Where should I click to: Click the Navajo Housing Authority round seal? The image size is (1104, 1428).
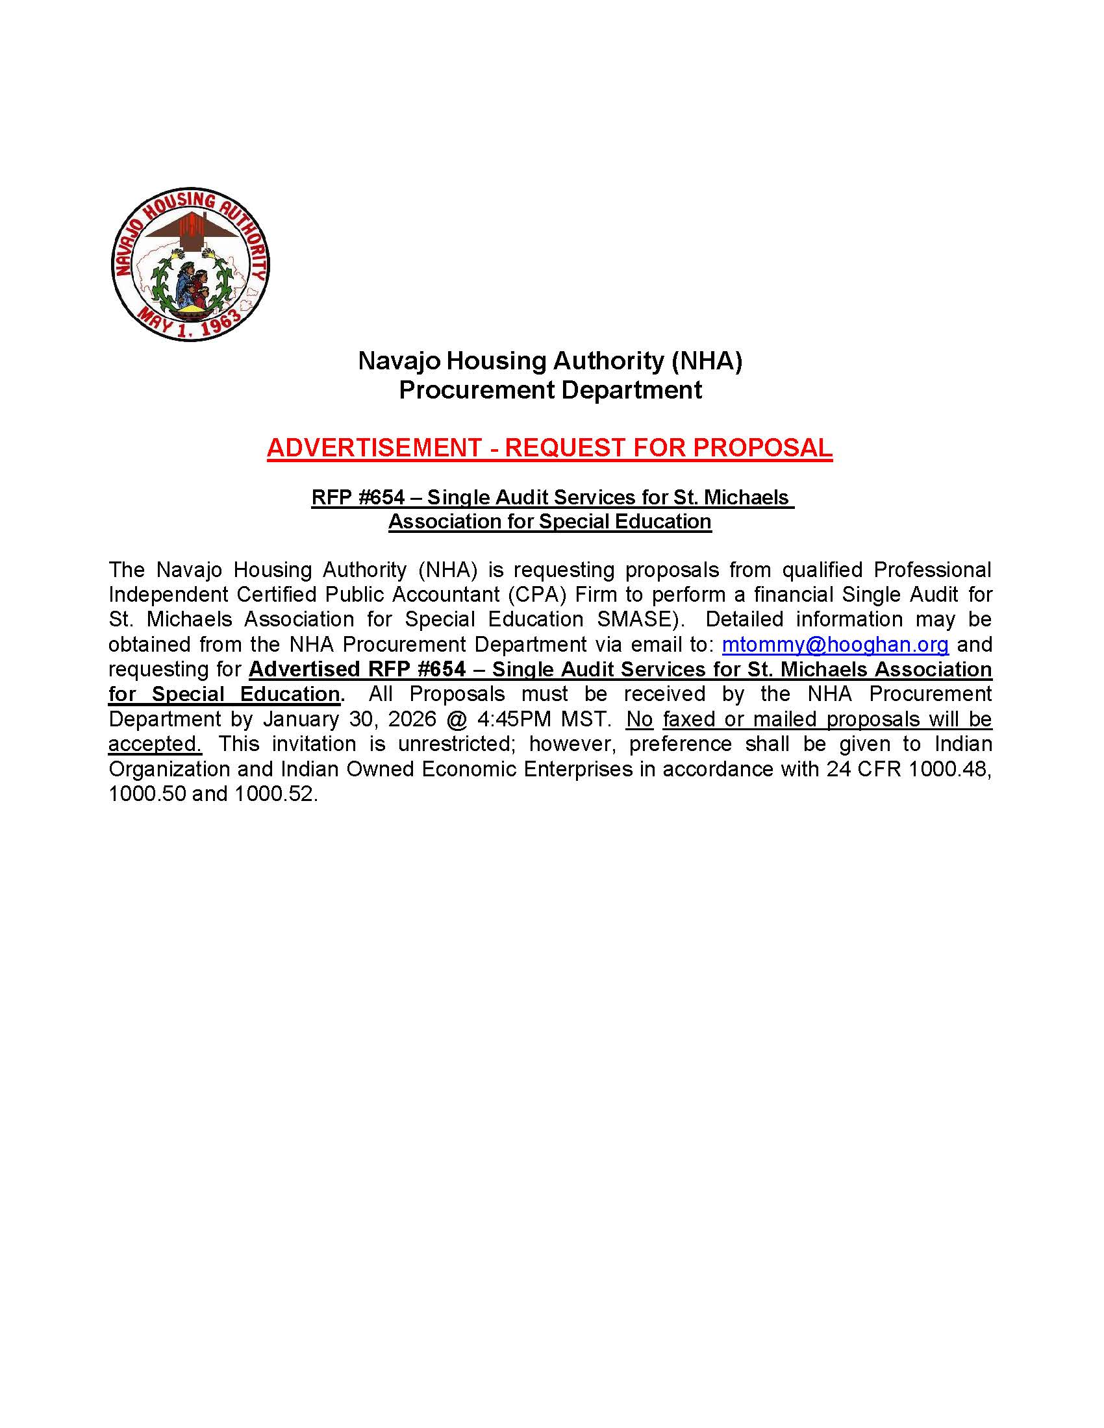click(x=190, y=264)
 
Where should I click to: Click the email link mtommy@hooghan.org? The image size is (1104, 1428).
click(x=834, y=645)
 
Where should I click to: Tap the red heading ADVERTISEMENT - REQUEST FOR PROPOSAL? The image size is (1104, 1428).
click(x=549, y=448)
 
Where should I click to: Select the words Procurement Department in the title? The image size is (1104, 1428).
click(x=550, y=390)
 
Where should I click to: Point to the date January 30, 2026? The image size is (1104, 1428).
click(x=349, y=719)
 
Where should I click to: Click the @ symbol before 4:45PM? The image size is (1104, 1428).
click(x=457, y=719)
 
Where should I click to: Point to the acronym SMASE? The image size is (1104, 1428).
click(x=634, y=620)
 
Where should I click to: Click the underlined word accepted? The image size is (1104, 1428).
click(x=155, y=744)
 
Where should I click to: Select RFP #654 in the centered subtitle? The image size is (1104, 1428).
click(x=358, y=498)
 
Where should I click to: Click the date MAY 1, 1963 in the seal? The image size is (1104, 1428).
click(x=190, y=323)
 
